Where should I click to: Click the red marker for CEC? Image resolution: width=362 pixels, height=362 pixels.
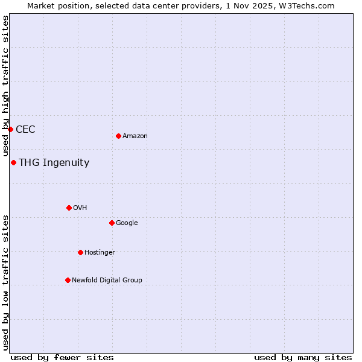tap(10, 129)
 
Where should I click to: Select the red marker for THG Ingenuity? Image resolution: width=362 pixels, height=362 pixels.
tap(13, 162)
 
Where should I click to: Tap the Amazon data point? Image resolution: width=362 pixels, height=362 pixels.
tap(118, 136)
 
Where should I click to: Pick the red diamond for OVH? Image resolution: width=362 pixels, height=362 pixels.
tap(69, 208)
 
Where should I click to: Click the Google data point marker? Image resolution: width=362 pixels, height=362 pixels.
tap(112, 223)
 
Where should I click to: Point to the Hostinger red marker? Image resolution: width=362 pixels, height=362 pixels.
tap(80, 252)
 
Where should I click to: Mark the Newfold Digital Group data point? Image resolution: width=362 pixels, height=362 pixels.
tap(68, 280)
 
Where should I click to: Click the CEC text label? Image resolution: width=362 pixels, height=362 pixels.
tap(25, 129)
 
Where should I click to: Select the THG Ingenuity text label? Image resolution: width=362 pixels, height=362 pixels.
tap(54, 162)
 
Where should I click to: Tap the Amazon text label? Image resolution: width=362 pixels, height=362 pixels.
tap(135, 136)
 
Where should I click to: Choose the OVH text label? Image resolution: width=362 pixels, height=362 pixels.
tap(80, 208)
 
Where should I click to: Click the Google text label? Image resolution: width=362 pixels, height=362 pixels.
tap(127, 223)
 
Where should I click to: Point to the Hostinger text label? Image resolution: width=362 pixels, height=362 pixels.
tap(100, 252)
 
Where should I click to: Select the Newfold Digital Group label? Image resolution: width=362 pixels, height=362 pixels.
tap(107, 280)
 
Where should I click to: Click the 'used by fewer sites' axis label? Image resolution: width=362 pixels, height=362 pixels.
tap(62, 357)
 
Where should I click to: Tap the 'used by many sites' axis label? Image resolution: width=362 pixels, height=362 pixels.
tap(303, 357)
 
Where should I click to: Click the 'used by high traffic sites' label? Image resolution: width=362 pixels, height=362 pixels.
tap(5, 86)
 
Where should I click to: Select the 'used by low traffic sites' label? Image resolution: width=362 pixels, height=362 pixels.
tap(5, 282)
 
